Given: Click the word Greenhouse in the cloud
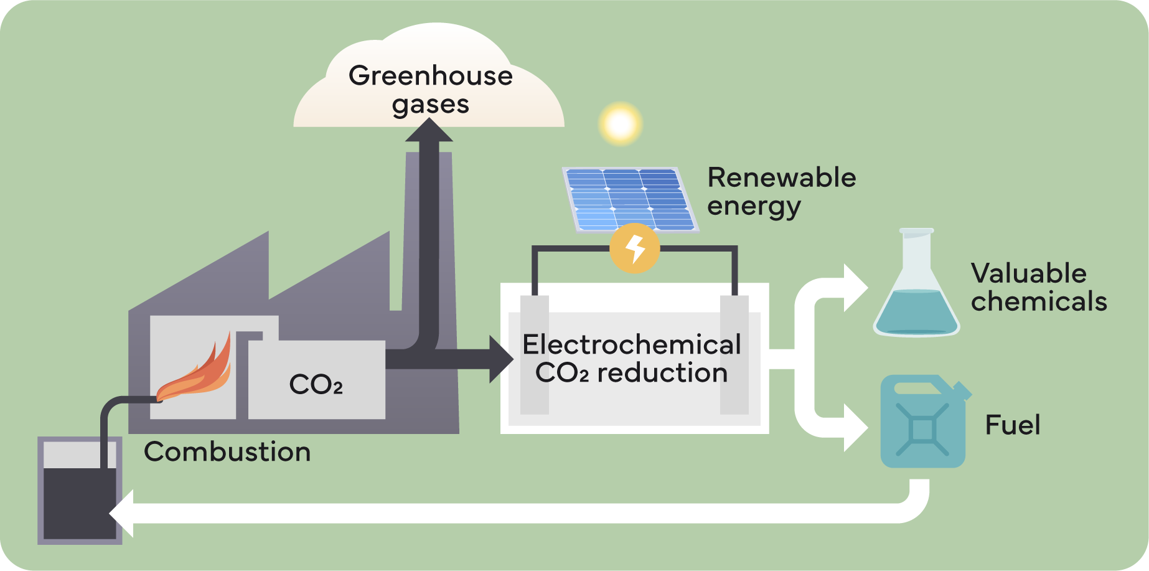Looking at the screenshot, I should click(x=430, y=76).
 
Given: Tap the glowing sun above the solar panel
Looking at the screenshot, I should click(x=620, y=124).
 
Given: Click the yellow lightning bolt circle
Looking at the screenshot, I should click(x=634, y=248).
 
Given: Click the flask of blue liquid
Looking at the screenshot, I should click(x=916, y=293).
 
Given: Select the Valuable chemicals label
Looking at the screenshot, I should click(x=1038, y=288).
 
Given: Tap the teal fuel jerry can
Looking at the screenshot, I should click(x=923, y=423).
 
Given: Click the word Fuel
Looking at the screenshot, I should click(x=1012, y=425).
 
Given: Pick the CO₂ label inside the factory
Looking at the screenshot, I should click(x=316, y=385).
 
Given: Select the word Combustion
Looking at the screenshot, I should click(x=227, y=452).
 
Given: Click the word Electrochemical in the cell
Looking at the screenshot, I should click(x=631, y=345).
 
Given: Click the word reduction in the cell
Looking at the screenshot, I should click(x=662, y=373).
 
